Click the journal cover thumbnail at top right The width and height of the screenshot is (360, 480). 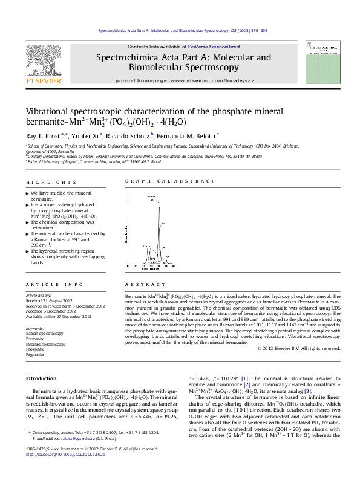[x=318, y=62]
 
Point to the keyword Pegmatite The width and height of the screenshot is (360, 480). [x=35, y=354]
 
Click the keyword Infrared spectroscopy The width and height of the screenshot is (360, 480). [x=45, y=344]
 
